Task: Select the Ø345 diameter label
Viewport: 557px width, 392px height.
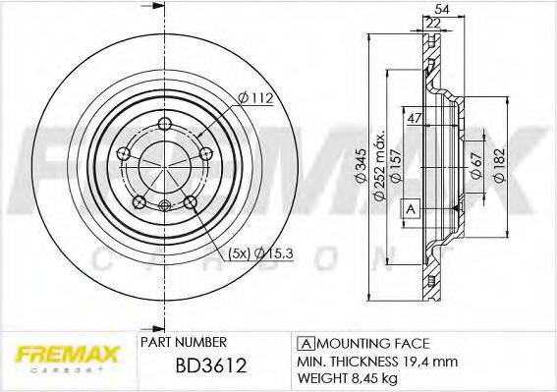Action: coord(367,174)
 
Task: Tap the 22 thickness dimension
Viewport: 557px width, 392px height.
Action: coord(433,22)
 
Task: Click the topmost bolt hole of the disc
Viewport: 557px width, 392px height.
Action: coord(166,124)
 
